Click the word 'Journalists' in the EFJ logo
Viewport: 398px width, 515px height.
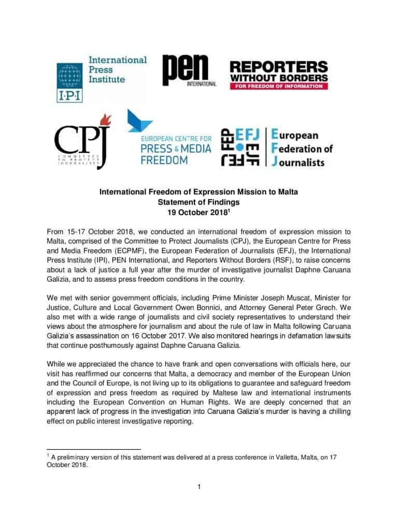(x=297, y=162)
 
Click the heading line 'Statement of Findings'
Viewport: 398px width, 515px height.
(x=198, y=203)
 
